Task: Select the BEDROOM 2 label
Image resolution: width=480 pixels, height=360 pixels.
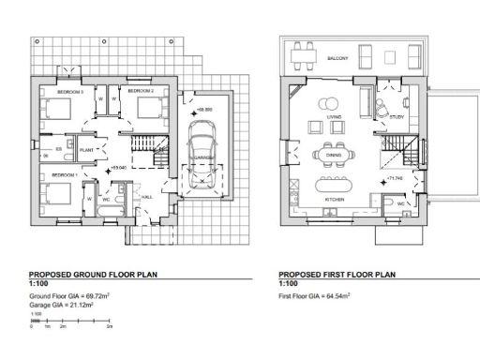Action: coord(140,91)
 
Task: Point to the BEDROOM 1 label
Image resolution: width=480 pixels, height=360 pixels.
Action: coord(64,175)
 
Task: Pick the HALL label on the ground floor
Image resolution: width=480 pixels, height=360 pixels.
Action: coord(148,197)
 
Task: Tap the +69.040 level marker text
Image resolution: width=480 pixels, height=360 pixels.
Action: coord(118,167)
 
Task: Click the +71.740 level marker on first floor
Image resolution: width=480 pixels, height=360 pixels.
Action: coord(393,177)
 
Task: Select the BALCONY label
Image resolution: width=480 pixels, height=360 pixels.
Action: coord(338,58)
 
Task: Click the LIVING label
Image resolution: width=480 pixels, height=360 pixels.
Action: coord(334,117)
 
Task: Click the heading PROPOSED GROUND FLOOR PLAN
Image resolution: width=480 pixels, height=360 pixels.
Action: coord(94,276)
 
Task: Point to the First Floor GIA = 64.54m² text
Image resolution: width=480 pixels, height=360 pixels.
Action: coord(314,296)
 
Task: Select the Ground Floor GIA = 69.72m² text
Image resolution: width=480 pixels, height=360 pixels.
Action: coord(72,296)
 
